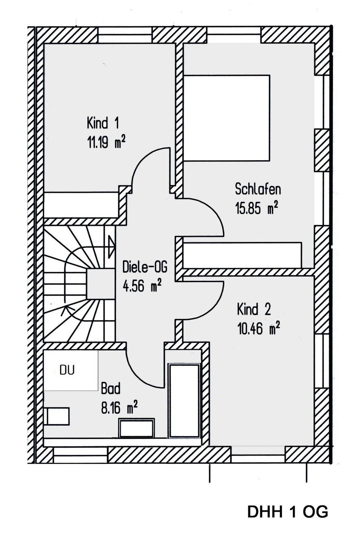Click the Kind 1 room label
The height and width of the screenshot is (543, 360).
click(x=103, y=123)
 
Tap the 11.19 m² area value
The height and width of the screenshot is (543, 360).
click(x=106, y=142)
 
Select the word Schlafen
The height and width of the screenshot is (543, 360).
click(x=258, y=189)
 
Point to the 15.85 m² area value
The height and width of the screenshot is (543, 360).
click(x=257, y=208)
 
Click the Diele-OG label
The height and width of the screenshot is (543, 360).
click(x=145, y=267)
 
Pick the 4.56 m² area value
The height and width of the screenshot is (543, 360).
click(x=142, y=286)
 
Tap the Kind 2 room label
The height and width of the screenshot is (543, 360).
click(x=254, y=310)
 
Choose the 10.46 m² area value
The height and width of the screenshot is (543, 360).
click(x=258, y=328)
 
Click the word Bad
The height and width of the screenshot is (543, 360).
click(x=111, y=388)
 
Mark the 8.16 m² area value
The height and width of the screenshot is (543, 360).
click(x=119, y=407)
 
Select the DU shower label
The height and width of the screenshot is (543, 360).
click(x=67, y=370)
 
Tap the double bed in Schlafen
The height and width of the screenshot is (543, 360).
click(x=226, y=118)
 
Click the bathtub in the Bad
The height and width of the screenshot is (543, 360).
click(x=185, y=401)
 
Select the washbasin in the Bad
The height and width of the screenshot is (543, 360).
click(x=137, y=428)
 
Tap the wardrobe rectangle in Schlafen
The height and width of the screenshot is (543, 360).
click(x=242, y=255)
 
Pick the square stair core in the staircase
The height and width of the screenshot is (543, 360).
click(x=100, y=284)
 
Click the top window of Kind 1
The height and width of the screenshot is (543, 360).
click(x=125, y=35)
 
